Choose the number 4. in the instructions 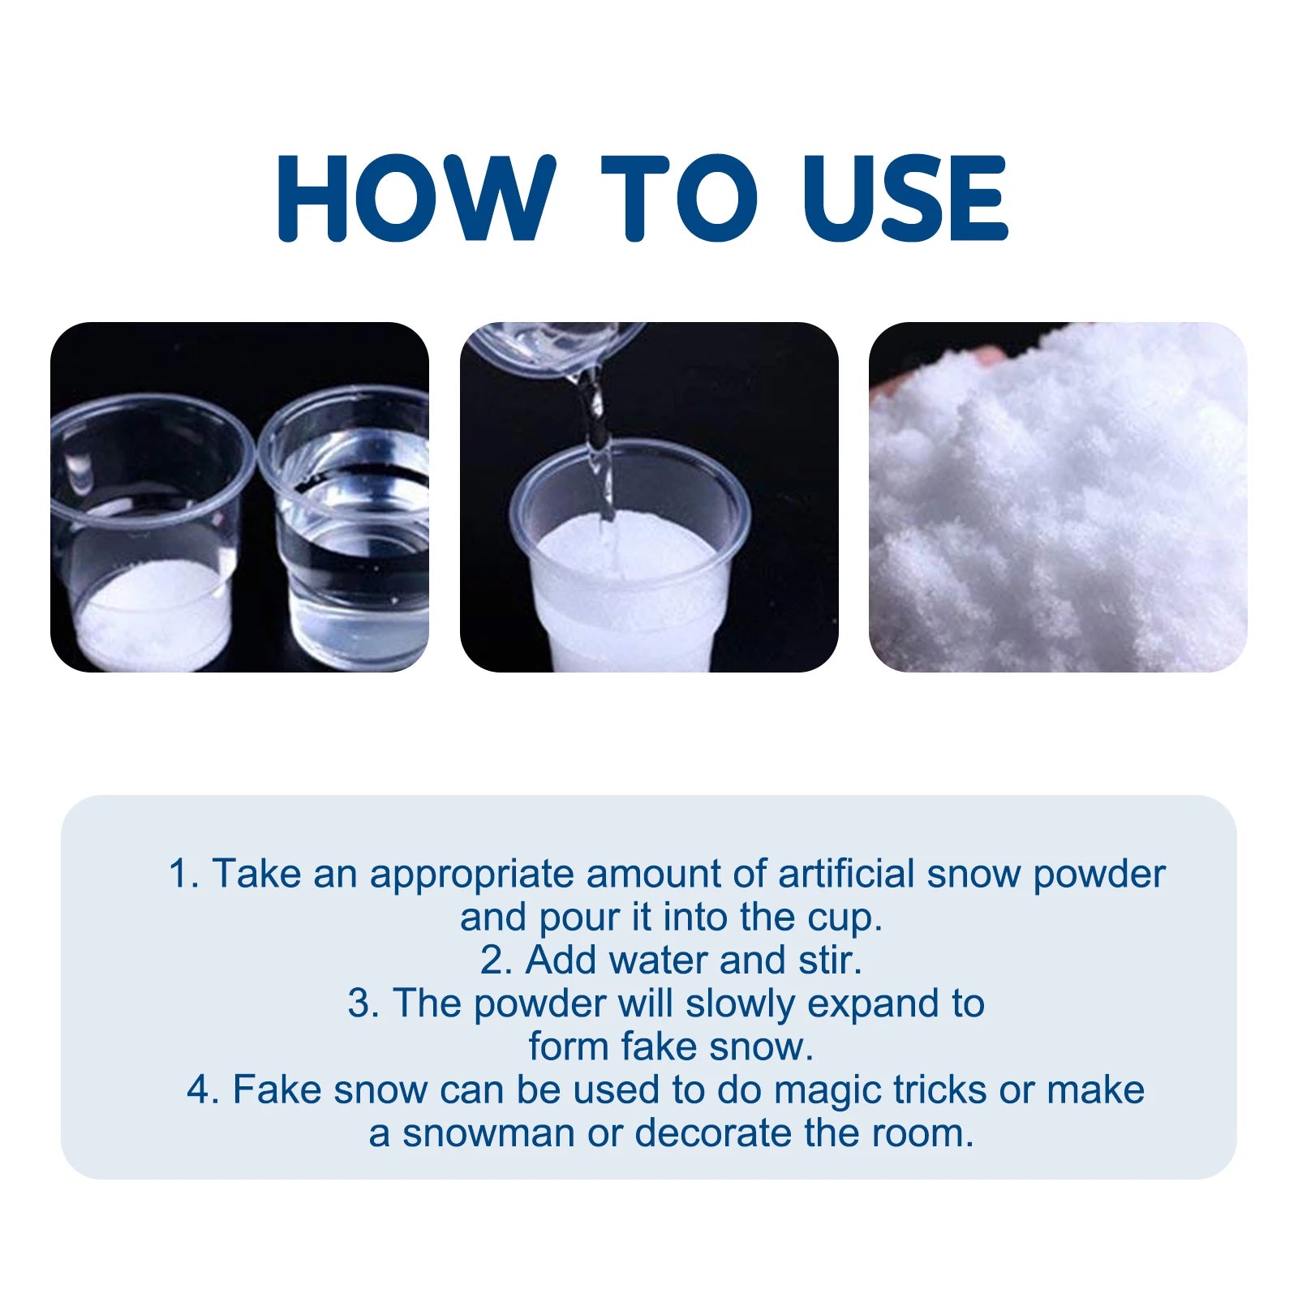click(203, 1090)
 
